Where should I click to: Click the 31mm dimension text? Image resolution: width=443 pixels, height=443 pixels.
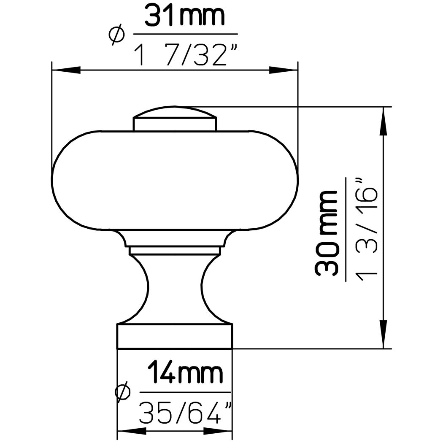(185, 16)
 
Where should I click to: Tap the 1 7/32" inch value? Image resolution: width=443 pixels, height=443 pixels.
(185, 54)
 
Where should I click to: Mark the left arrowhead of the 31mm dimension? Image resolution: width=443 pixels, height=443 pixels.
(65, 70)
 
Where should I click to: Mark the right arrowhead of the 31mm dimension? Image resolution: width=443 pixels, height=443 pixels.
(284, 70)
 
